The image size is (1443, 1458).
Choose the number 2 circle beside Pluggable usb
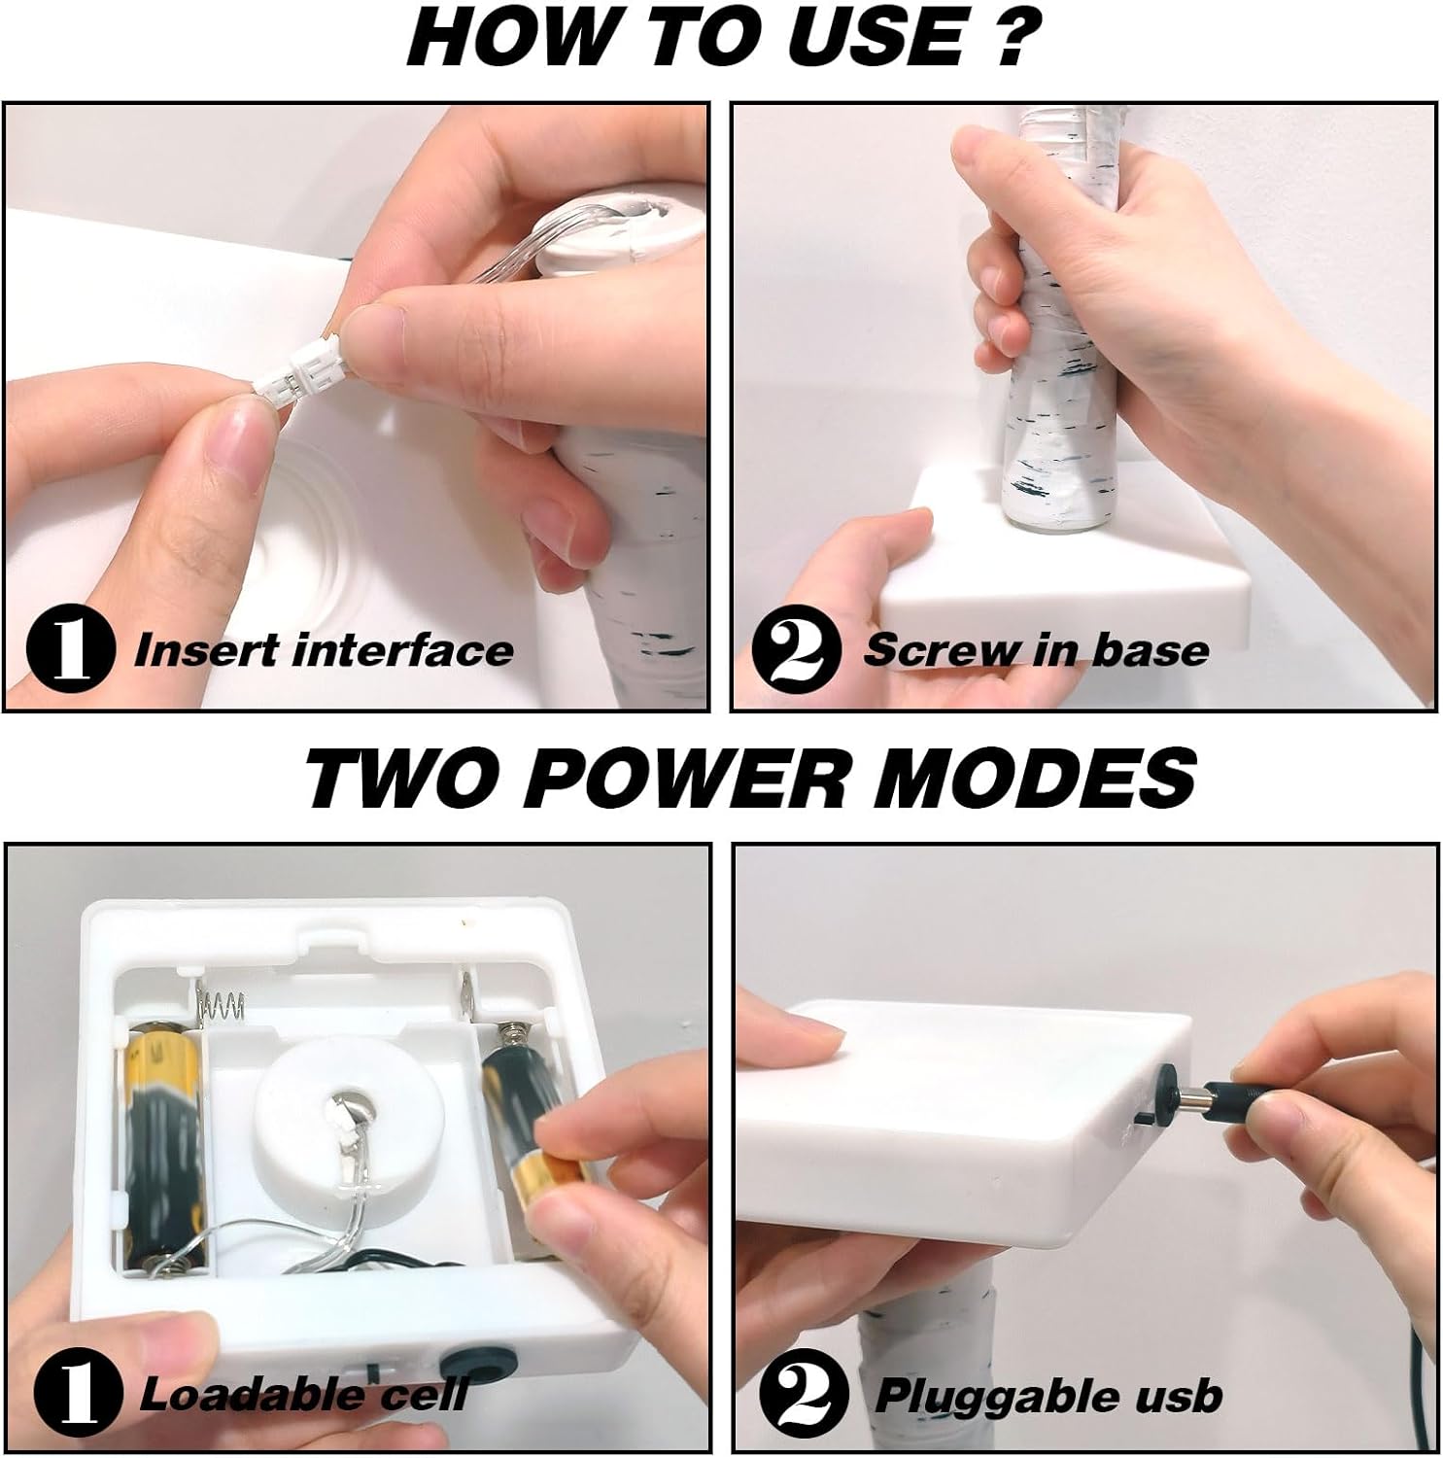click(x=803, y=1396)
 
